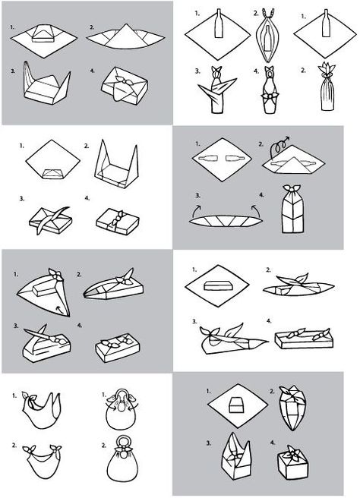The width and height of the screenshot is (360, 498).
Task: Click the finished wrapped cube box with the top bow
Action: pos(292,463)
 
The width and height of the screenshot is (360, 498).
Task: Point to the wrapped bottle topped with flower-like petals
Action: pos(327,87)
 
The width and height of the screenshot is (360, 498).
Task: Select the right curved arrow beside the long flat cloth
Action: pos(256,210)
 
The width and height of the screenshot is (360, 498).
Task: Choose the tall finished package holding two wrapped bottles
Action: pos(292,210)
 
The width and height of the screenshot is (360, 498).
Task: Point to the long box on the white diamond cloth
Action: pos(218,285)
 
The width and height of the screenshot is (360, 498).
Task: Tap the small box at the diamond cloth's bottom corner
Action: pos(52,174)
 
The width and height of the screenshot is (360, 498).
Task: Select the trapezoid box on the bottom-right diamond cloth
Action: pos(236,405)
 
